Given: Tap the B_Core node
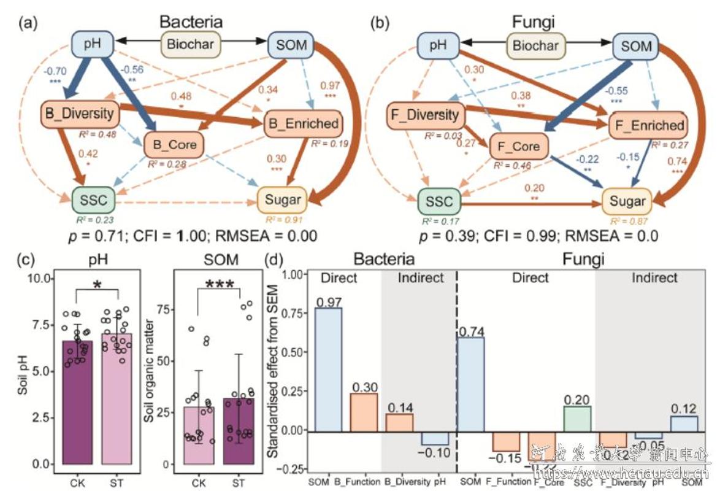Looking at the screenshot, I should pyautogui.click(x=175, y=145).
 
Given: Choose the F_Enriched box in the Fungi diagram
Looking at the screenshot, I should pyautogui.click(x=648, y=126).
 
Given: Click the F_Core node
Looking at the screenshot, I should pyautogui.click(x=518, y=146).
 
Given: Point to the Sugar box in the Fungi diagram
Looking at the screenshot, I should pyautogui.click(x=628, y=201).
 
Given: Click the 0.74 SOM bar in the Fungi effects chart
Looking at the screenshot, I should pyautogui.click(x=475, y=384).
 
